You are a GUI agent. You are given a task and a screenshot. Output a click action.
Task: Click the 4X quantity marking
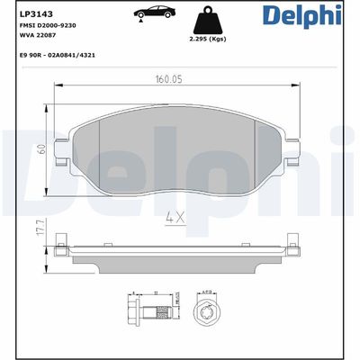[176, 217]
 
